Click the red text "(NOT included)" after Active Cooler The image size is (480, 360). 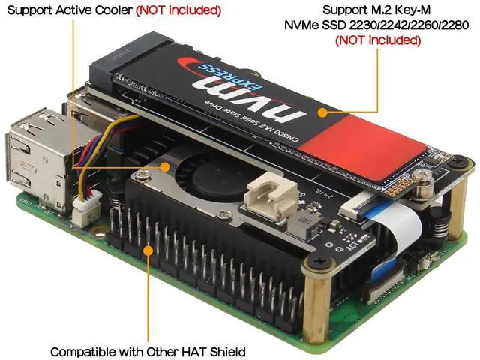[178, 10]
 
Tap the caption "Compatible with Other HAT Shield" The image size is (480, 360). [148, 350]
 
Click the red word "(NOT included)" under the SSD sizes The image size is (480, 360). [376, 40]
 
